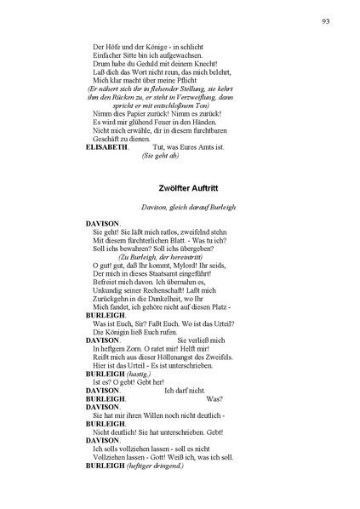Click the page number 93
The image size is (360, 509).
[327, 20]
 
